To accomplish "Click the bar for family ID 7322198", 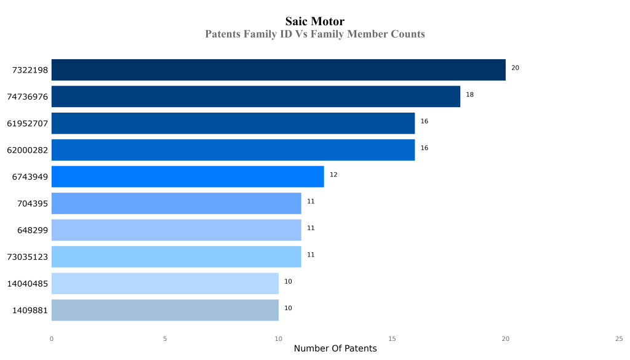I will click(x=278, y=70).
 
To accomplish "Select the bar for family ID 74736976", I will click(x=255, y=97).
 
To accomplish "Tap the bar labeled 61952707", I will click(x=233, y=123).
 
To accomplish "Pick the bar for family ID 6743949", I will click(x=187, y=177).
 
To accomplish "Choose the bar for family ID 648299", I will click(x=176, y=230).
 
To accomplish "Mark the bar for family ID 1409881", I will click(x=164, y=310).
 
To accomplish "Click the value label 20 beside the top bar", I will click(x=515, y=68).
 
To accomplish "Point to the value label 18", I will click(x=469, y=95).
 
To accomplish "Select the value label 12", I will click(x=333, y=175).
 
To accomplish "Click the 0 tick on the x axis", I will click(x=51, y=338).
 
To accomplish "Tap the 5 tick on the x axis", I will click(x=165, y=338).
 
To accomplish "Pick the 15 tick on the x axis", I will click(x=392, y=338).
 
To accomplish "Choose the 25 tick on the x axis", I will click(x=619, y=338).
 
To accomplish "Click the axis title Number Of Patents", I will click(x=335, y=349).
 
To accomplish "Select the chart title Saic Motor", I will click(x=315, y=22).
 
